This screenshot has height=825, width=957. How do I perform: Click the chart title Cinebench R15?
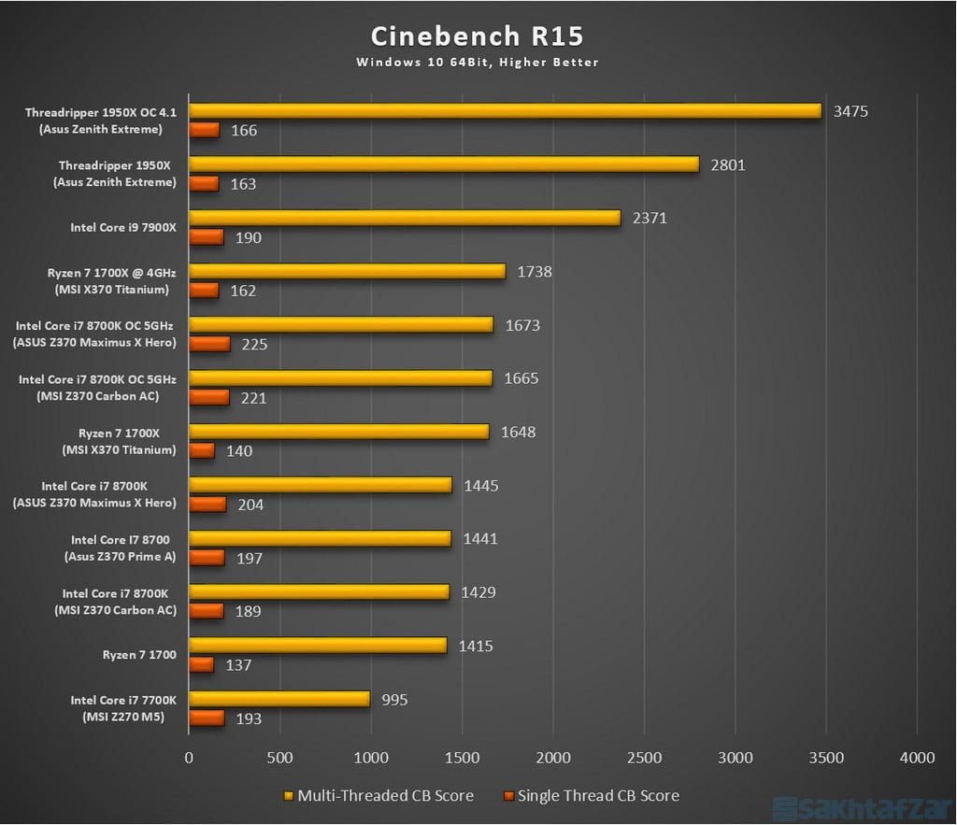[477, 36]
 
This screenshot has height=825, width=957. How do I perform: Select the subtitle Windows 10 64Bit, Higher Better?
[477, 63]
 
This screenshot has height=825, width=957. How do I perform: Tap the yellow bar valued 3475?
[505, 111]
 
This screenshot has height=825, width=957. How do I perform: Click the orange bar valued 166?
[205, 130]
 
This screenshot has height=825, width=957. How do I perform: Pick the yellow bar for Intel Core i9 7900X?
[405, 218]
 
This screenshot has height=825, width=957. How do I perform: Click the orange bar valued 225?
[209, 344]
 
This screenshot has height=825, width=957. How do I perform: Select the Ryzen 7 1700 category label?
[139, 655]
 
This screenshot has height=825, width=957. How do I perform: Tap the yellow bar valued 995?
[279, 699]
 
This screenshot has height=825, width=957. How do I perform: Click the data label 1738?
[534, 272]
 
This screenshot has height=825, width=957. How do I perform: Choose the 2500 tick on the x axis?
[643, 757]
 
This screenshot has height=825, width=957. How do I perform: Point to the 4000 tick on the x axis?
[916, 757]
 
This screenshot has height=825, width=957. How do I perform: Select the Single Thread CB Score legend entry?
[590, 796]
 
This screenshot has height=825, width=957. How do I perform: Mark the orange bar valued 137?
[202, 664]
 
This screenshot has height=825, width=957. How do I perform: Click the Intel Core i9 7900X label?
[122, 227]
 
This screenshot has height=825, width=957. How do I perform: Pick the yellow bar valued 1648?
[339, 432]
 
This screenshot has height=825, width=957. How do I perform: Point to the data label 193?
[249, 718]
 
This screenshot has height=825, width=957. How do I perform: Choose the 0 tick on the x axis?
[190, 757]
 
